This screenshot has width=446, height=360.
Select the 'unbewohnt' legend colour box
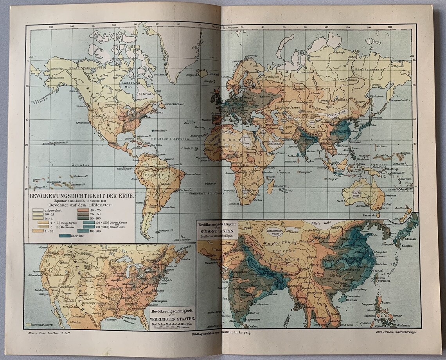(x=38, y=210)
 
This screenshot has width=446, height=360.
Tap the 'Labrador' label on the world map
(x=147, y=94)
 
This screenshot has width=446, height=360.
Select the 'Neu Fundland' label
(x=175, y=104)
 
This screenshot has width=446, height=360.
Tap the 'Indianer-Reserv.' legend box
(x=28, y=324)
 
